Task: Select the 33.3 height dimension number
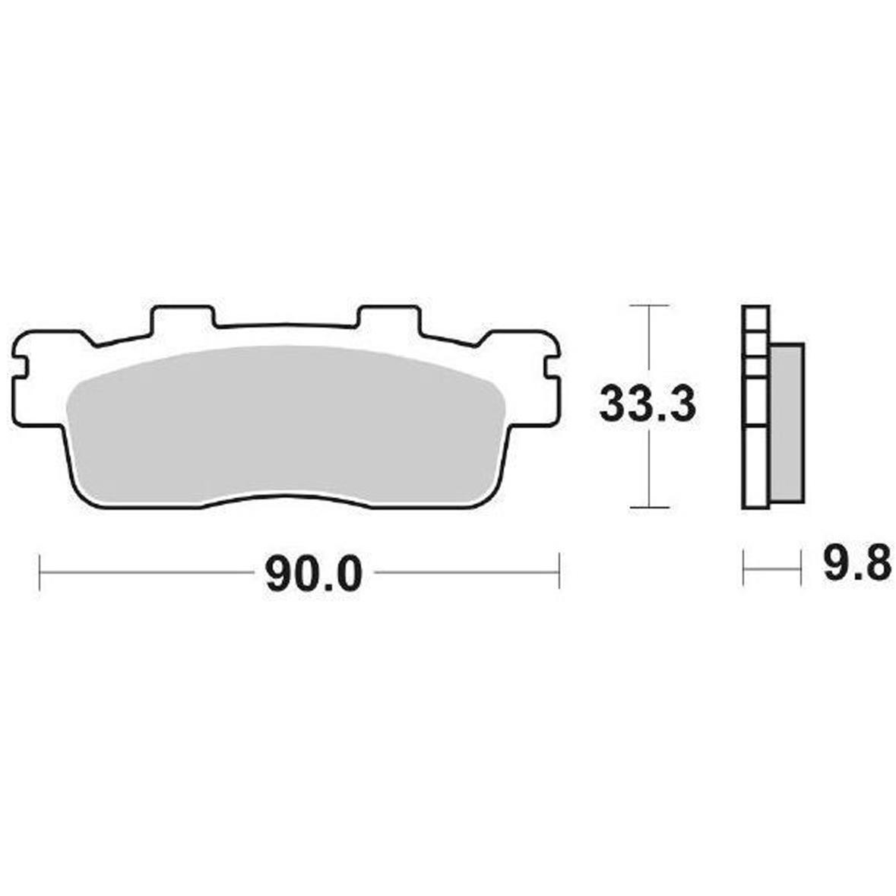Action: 647,404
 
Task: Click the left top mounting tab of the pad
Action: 183,318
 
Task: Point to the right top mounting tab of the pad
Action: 389,318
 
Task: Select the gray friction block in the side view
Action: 787,423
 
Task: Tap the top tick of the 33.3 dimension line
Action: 648,306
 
